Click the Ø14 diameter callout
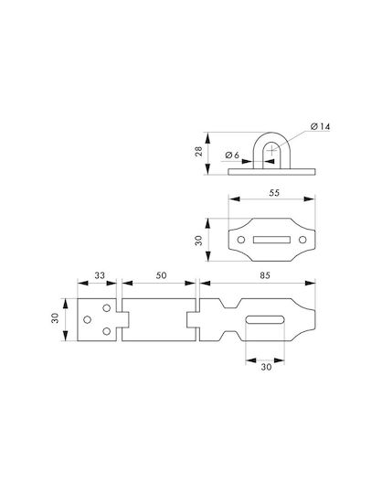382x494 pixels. (320, 126)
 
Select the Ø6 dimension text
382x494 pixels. (232, 155)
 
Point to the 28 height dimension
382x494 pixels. (199, 152)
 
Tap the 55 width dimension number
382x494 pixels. (274, 193)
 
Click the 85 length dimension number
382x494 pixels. (265, 275)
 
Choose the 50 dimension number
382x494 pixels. (161, 275)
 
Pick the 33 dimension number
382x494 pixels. (100, 275)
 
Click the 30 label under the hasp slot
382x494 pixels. (266, 367)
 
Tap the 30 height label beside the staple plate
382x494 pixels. (199, 241)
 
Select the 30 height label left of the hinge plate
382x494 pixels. (56, 317)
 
